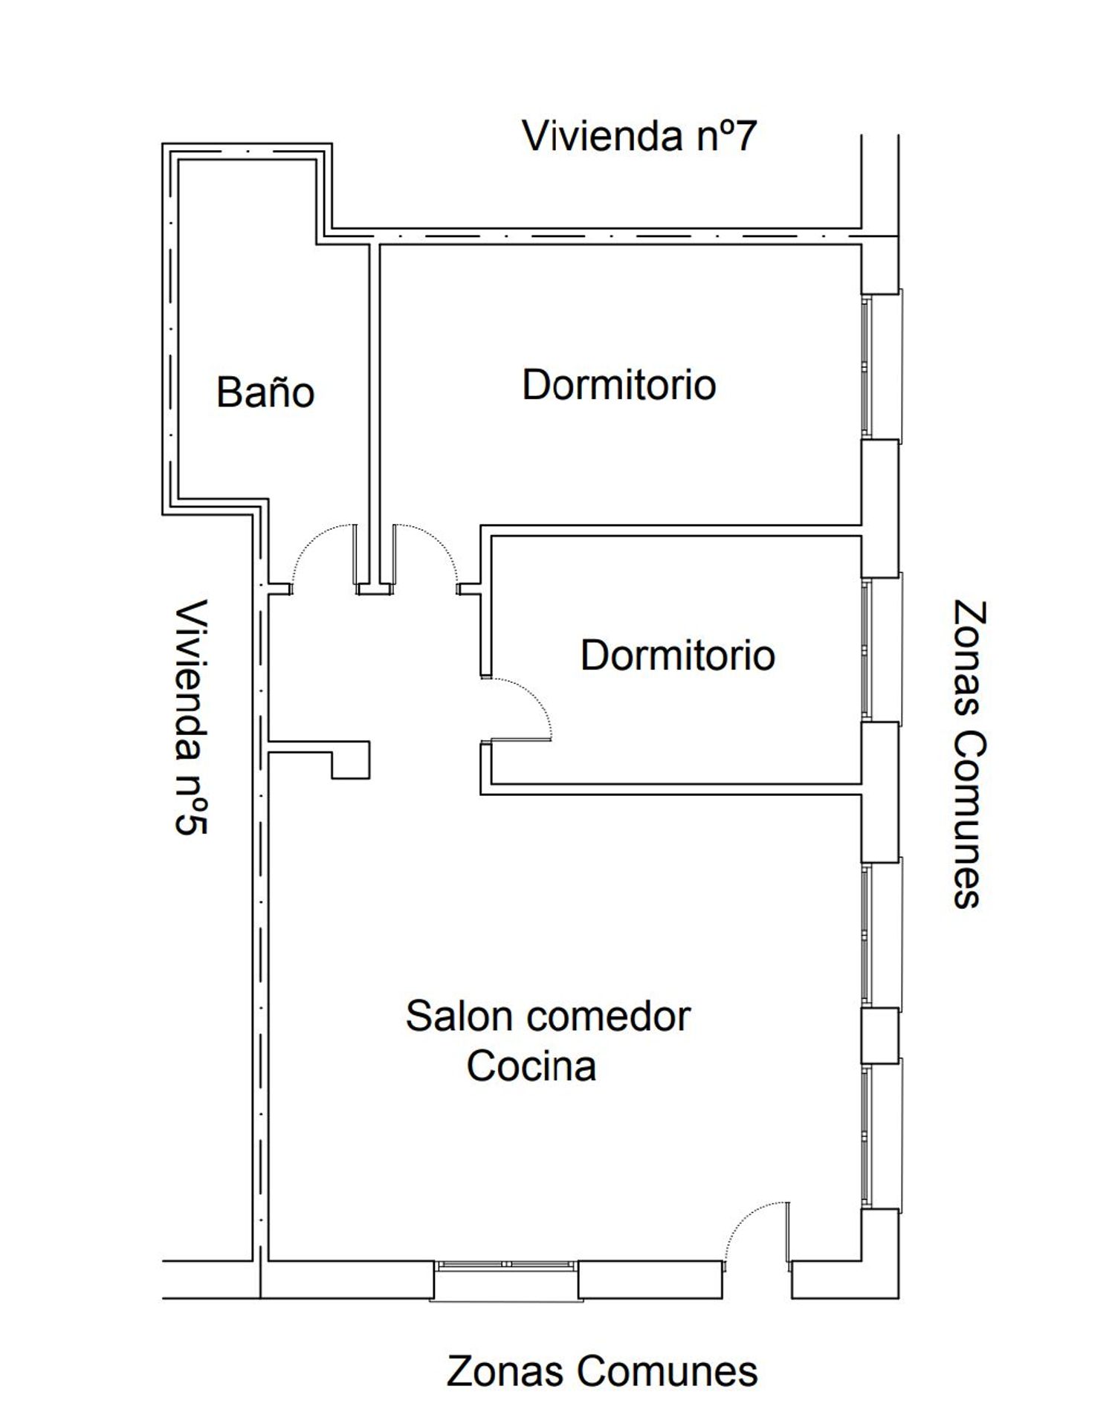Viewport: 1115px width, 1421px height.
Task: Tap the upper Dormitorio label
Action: tap(619, 384)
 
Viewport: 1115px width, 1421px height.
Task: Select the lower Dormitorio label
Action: tap(678, 655)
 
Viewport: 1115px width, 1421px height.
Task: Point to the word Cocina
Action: tap(531, 1066)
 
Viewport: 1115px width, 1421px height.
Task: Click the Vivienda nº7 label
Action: tap(639, 136)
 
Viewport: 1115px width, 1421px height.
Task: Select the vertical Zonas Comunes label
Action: tap(969, 754)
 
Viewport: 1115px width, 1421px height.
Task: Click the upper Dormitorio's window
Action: tap(881, 365)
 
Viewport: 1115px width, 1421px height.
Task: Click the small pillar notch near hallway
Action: tap(350, 760)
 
